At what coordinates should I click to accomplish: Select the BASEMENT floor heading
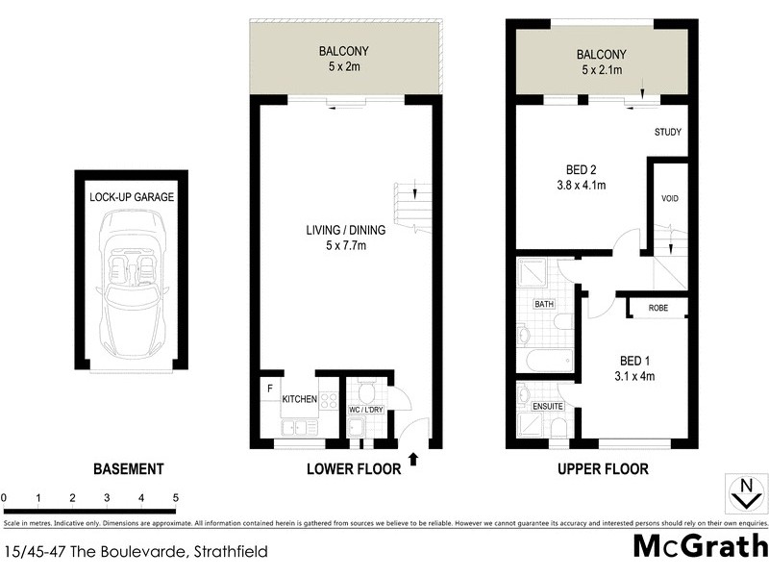point(128,469)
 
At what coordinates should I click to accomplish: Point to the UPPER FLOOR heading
point(603,469)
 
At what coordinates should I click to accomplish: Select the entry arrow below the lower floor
point(414,460)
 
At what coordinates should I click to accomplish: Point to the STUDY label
point(668,132)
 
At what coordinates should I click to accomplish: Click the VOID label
point(670,199)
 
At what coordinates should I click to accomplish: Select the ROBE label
point(658,309)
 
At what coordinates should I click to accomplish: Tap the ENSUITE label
point(548,407)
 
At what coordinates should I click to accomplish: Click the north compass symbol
point(743,492)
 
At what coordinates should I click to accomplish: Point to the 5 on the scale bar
point(176,498)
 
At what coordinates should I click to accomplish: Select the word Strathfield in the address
point(231,552)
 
